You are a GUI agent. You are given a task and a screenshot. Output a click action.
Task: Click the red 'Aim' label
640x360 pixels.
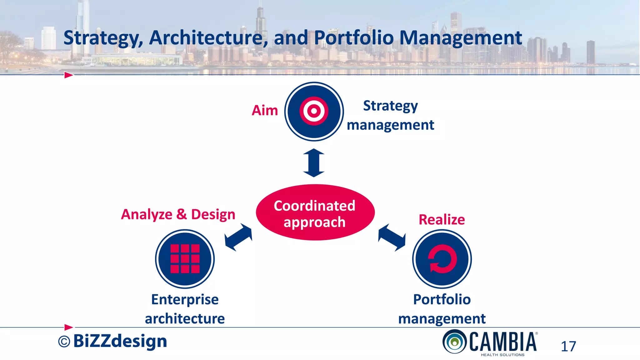point(265,111)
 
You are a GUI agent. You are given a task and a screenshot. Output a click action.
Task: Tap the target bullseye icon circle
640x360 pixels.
point(314,111)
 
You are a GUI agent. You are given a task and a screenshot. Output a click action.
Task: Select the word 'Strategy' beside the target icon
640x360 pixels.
point(390,106)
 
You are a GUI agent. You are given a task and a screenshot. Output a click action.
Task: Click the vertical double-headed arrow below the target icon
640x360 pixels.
point(314,163)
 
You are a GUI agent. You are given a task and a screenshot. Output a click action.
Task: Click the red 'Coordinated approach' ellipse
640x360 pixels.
point(315,212)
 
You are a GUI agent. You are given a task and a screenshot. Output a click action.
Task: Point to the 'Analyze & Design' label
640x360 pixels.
point(178,215)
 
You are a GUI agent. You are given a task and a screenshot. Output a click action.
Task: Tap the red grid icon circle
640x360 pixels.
point(185,259)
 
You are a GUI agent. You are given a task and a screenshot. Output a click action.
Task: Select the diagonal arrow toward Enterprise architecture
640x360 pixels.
point(238,237)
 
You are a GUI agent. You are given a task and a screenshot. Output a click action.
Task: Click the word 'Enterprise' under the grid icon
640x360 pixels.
point(185,300)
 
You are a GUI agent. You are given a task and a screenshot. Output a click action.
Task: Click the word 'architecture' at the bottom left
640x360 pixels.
point(185,319)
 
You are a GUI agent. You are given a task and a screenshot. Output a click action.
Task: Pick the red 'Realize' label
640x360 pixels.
point(442,220)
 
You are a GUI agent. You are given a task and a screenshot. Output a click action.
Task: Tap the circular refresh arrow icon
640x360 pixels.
point(442,259)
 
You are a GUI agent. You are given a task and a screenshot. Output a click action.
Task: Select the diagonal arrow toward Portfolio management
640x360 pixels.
point(392,237)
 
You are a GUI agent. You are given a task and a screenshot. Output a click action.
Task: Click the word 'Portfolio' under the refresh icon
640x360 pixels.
point(442,300)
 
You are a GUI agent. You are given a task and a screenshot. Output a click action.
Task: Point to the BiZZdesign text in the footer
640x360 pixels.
point(120,341)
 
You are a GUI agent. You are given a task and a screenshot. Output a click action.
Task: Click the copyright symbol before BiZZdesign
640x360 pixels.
point(64,342)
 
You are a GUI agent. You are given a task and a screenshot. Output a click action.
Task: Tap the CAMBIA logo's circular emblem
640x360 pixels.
point(454,342)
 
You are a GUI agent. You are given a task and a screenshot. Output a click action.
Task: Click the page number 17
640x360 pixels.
point(568,347)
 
